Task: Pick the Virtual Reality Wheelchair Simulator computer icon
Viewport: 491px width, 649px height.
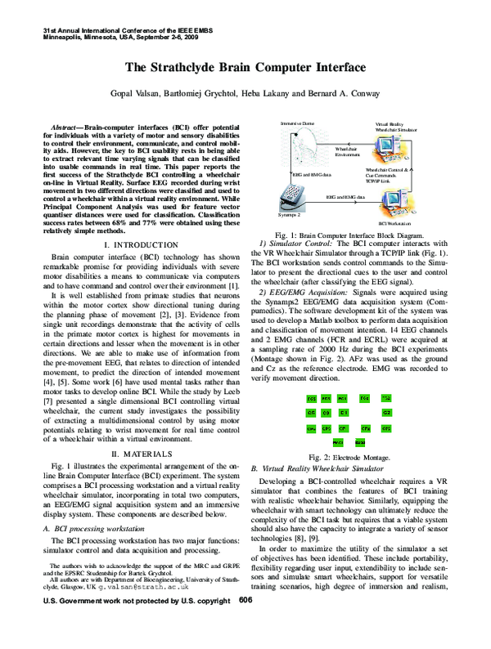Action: coord(392,149)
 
